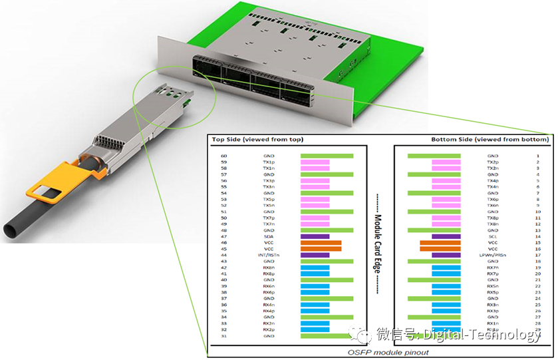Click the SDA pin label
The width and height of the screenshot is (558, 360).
click(x=269, y=236)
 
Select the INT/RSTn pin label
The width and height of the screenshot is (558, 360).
click(x=269, y=255)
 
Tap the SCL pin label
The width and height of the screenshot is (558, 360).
click(x=493, y=236)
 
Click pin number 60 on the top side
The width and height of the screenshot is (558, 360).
click(x=224, y=156)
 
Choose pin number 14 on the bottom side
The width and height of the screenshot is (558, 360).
click(x=537, y=236)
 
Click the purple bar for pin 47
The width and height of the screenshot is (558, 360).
click(x=315, y=236)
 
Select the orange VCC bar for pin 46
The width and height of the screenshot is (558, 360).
click(x=321, y=243)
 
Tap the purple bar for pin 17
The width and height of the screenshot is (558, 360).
click(x=446, y=255)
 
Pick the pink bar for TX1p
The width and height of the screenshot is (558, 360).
click(x=315, y=162)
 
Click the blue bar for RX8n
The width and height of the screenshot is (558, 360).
click(x=315, y=268)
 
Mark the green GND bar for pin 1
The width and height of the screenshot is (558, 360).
click(x=434, y=156)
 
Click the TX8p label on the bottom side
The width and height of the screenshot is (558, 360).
click(x=493, y=218)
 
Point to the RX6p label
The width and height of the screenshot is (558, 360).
click(x=269, y=292)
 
